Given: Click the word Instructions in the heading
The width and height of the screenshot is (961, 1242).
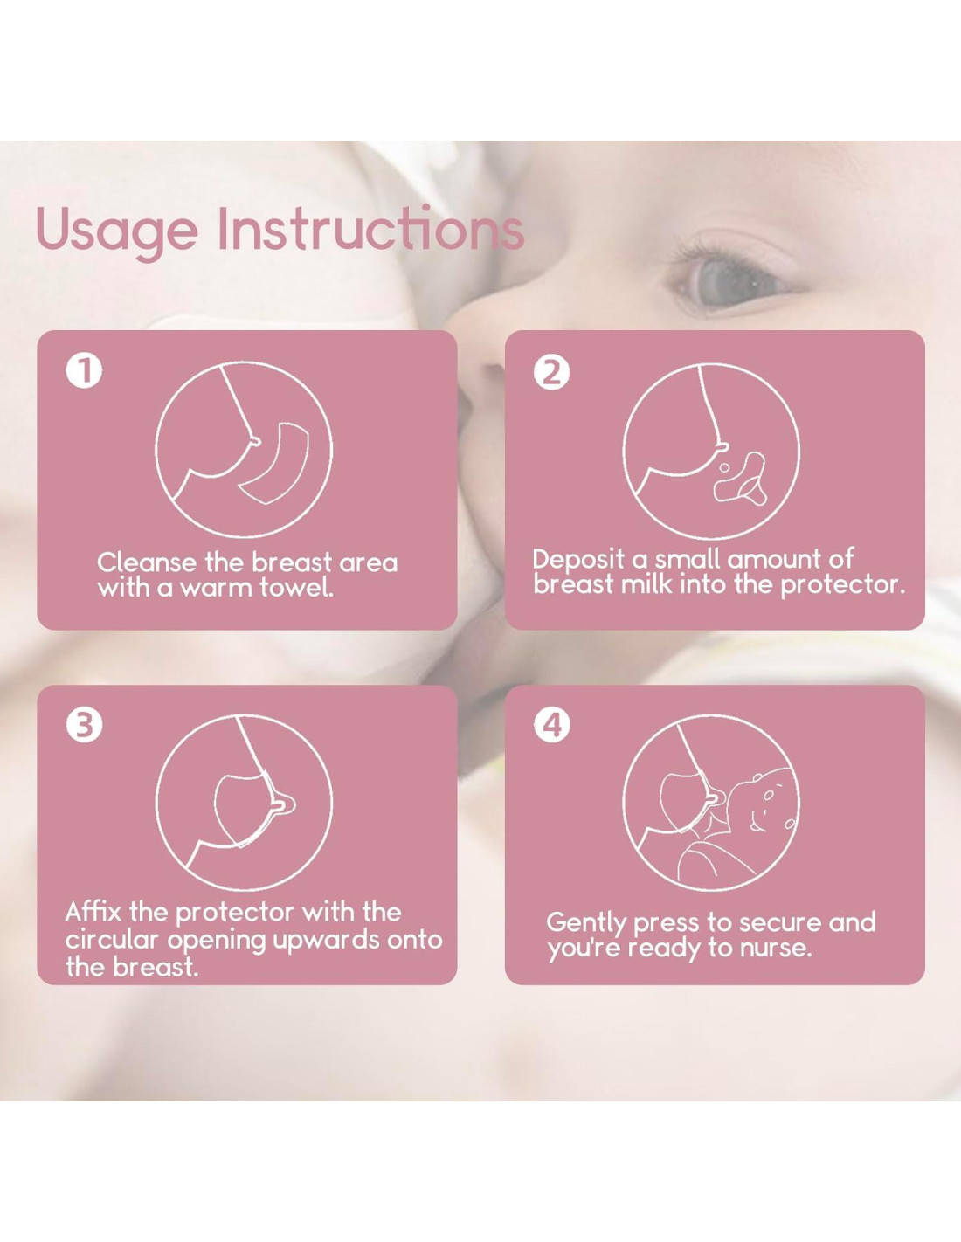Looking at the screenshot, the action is coord(371,230).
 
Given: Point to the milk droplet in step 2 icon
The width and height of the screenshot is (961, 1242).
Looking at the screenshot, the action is coord(724,467).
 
